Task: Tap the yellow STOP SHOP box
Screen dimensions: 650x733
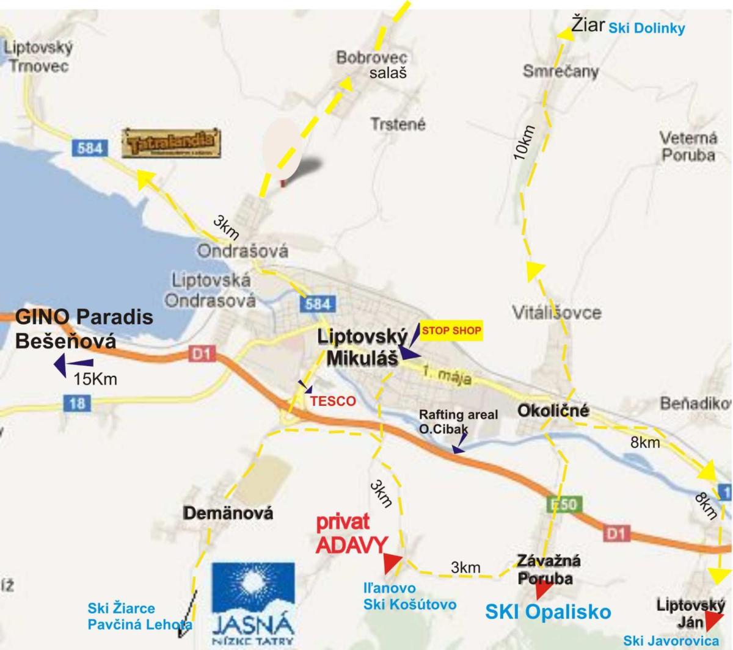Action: [x=451, y=331]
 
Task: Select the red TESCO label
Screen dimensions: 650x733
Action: [x=332, y=401]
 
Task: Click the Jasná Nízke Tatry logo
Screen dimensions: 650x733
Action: [x=253, y=604]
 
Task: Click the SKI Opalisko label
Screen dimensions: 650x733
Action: [x=548, y=612]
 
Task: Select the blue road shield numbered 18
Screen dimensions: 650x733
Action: [x=77, y=403]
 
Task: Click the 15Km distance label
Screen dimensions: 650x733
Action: [x=95, y=379]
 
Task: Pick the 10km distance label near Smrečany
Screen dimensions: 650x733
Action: [x=524, y=143]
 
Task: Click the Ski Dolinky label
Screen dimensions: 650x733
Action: [x=647, y=28]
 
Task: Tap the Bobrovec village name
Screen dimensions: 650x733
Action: [x=371, y=57]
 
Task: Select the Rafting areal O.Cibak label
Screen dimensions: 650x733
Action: [x=458, y=422]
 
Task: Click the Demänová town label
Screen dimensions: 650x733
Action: [x=228, y=513]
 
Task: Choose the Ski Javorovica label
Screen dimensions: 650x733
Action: [x=671, y=641]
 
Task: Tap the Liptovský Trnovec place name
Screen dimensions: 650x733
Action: [x=38, y=56]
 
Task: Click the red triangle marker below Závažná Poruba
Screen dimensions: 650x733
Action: [x=542, y=590]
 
